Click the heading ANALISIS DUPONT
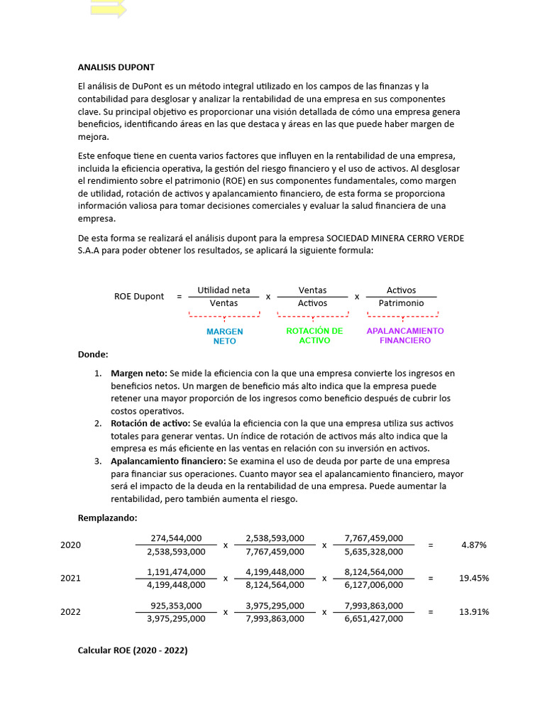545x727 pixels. pyautogui.click(x=116, y=67)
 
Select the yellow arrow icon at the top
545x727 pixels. pyautogui.click(x=108, y=9)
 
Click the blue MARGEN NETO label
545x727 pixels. pyautogui.click(x=224, y=336)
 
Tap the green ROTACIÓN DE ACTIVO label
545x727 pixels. pyautogui.click(x=314, y=336)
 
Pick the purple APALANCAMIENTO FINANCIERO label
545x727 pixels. pyautogui.click(x=404, y=336)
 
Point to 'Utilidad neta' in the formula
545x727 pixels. pyautogui.click(x=224, y=290)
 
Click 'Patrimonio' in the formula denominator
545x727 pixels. pyautogui.click(x=401, y=303)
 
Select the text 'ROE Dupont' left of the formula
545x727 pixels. pyautogui.click(x=139, y=297)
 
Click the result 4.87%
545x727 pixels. pyautogui.click(x=473, y=545)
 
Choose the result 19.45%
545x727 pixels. pyautogui.click(x=473, y=578)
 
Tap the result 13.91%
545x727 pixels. pyautogui.click(x=473, y=611)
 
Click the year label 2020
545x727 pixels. pyautogui.click(x=70, y=545)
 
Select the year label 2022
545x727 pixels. pyautogui.click(x=70, y=611)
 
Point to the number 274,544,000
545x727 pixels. pyautogui.click(x=176, y=538)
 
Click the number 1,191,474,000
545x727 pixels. pyautogui.click(x=176, y=572)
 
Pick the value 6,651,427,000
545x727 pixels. pyautogui.click(x=373, y=618)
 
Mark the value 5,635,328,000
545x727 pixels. pyautogui.click(x=373, y=552)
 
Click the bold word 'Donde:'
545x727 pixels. pyautogui.click(x=93, y=354)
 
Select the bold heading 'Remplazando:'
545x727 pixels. pyautogui.click(x=107, y=517)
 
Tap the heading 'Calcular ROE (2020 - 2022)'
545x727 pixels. pyautogui.click(x=133, y=650)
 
